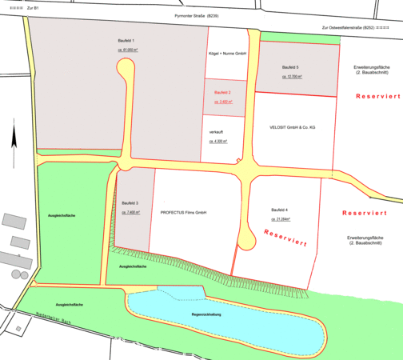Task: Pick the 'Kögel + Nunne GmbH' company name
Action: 227,54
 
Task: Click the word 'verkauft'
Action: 217,130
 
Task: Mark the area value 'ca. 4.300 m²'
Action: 218,142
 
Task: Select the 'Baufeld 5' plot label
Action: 292,67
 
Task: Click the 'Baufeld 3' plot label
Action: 131,203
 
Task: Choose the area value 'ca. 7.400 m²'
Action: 131,213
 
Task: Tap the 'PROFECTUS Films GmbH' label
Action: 183,213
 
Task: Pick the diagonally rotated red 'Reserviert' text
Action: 285,238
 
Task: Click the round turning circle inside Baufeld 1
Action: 126,73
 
